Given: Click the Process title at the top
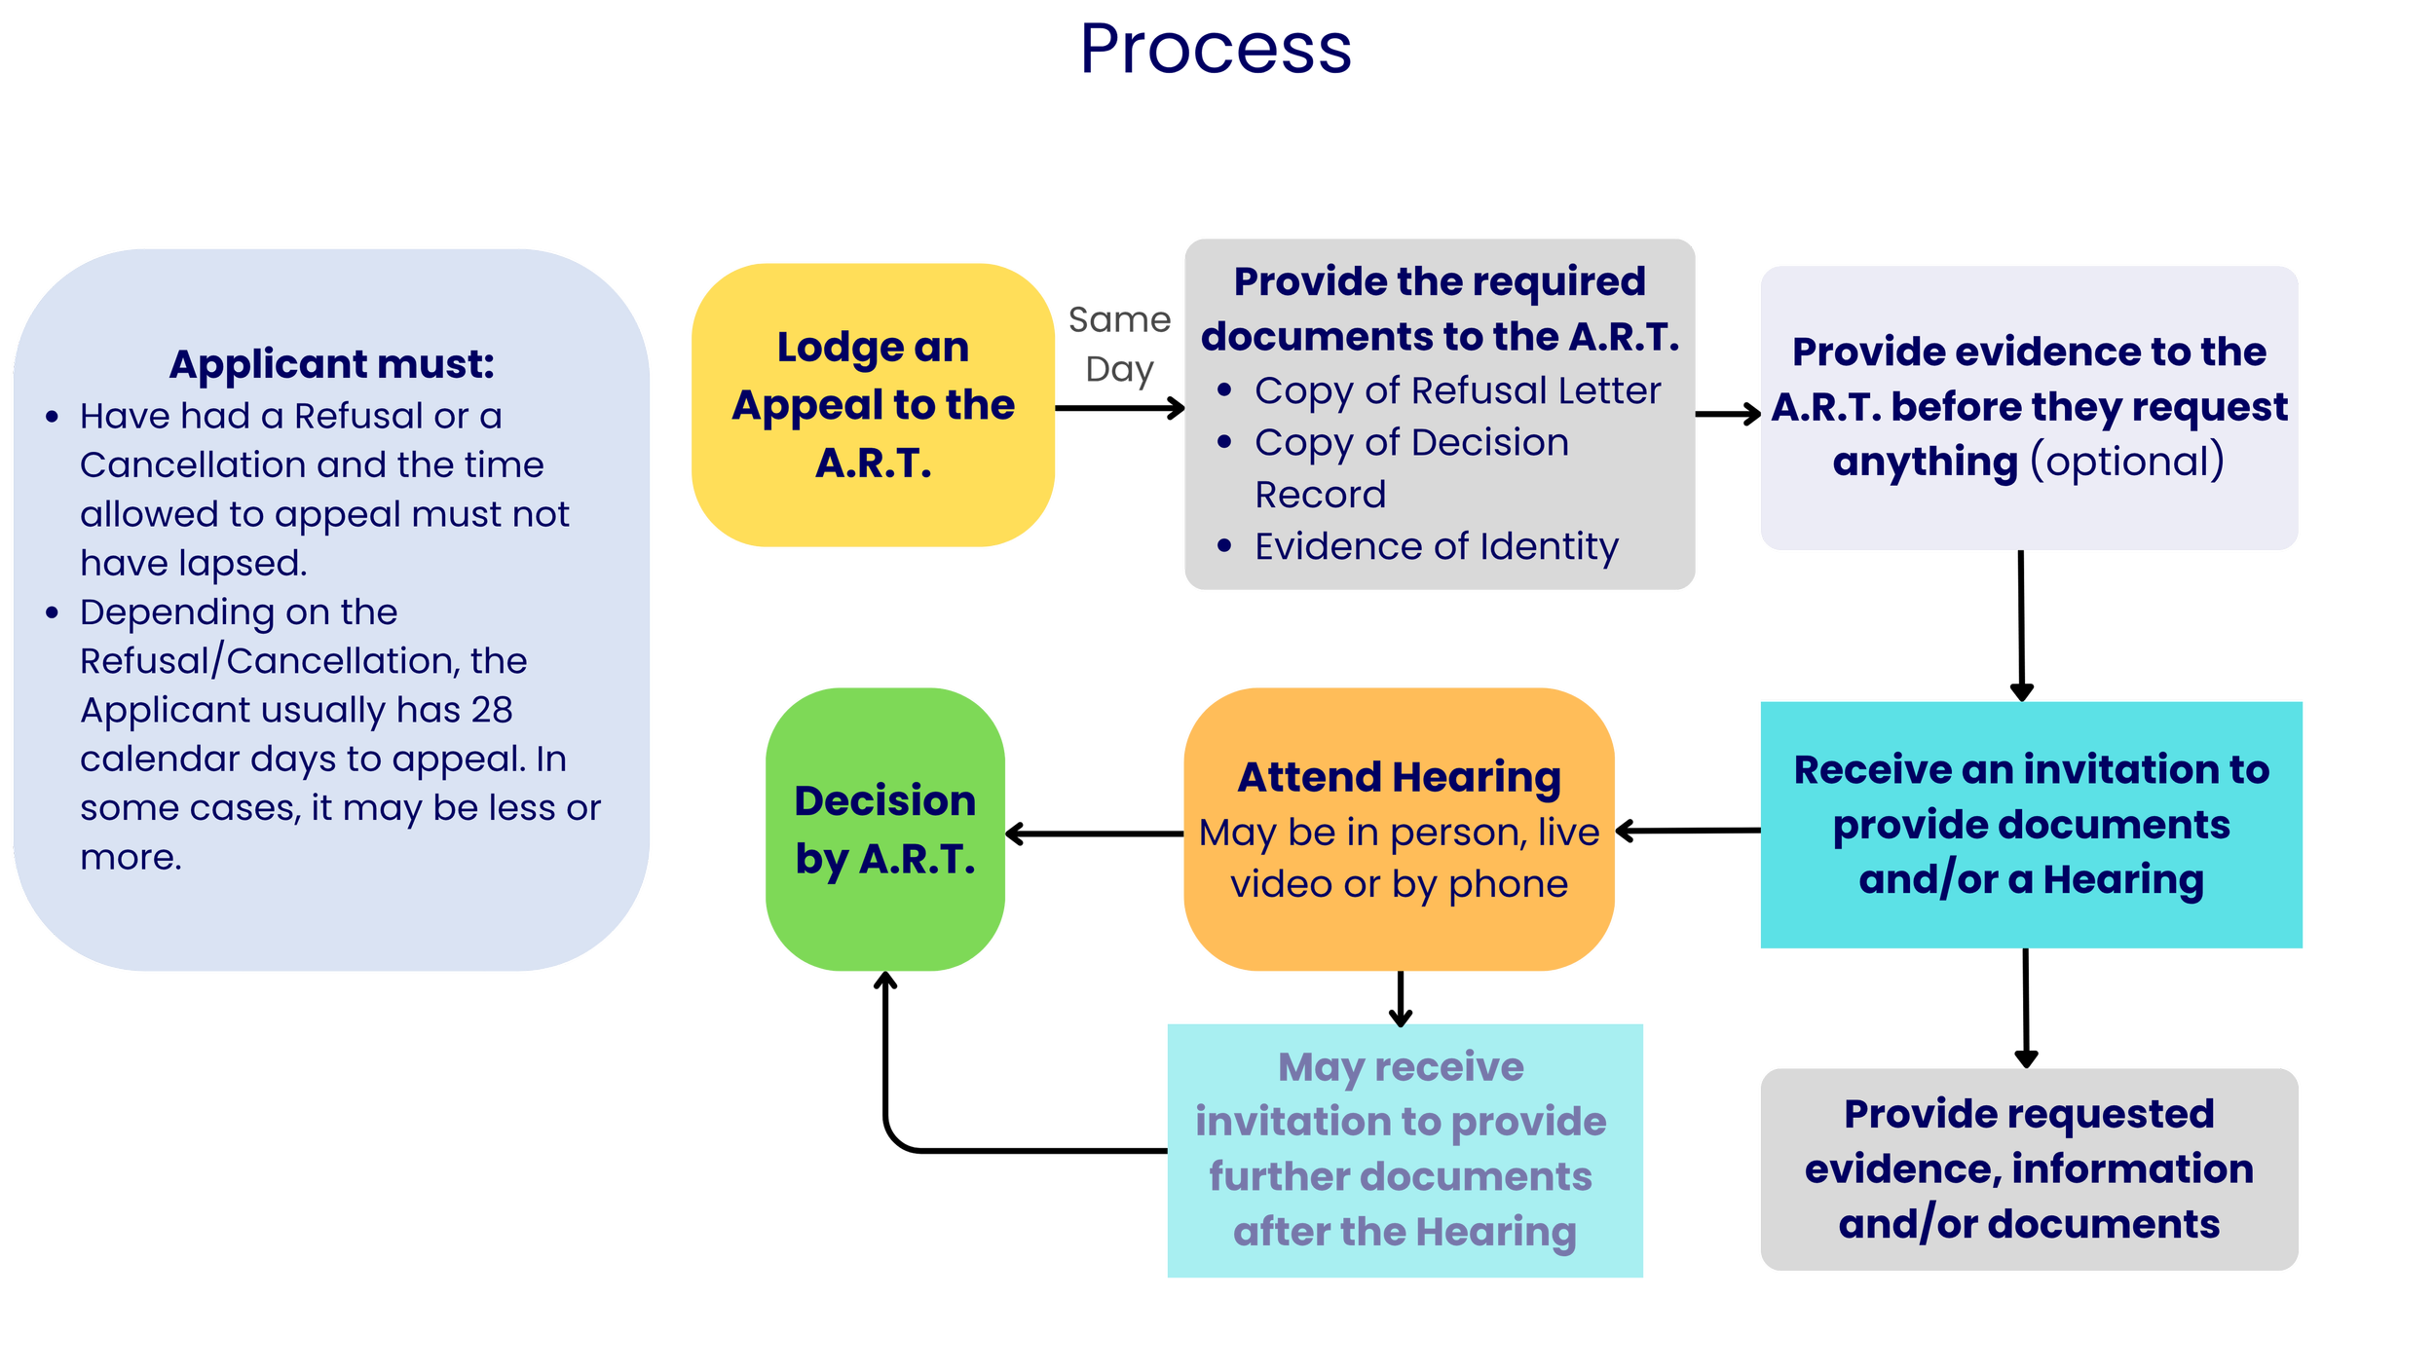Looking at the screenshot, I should pyautogui.click(x=1217, y=51).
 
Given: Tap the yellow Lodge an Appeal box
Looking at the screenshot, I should pyautogui.click(x=873, y=404).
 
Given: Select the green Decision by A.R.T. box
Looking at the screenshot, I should pyautogui.click(x=884, y=829).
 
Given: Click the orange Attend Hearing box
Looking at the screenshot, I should pyautogui.click(x=1400, y=829).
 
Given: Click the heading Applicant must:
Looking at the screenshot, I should pyautogui.click(x=331, y=364).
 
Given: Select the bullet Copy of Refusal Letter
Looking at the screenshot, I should pyautogui.click(x=1457, y=390).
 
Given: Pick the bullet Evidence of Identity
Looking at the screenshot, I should pyautogui.click(x=1436, y=546).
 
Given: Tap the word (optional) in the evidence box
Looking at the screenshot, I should pyautogui.click(x=2127, y=461).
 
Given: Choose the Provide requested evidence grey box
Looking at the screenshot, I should pyautogui.click(x=2029, y=1168).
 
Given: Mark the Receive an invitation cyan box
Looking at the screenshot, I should pyautogui.click(x=2031, y=825).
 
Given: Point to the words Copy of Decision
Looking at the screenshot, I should pyautogui.click(x=1411, y=442).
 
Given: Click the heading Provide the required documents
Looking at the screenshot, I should pyautogui.click(x=1440, y=309).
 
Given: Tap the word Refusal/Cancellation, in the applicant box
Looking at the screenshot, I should pyautogui.click(x=269, y=661).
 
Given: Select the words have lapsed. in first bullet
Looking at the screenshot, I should pyautogui.click(x=193, y=563).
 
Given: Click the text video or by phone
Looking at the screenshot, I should pyautogui.click(x=1399, y=884).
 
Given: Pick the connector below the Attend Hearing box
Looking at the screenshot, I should pyautogui.click(x=1401, y=997).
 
